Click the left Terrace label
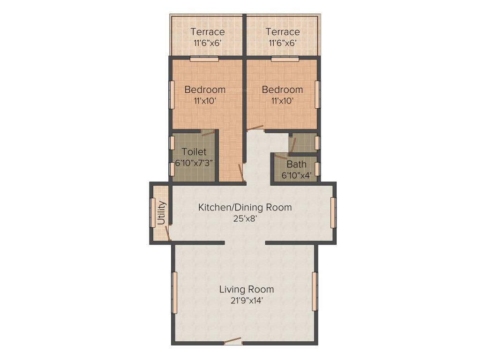[x=207, y=32]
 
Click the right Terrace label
[x=282, y=32]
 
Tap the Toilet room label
[x=194, y=152]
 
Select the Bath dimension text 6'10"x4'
[x=297, y=175]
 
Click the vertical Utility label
[x=161, y=213]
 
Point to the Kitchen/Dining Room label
[x=245, y=207]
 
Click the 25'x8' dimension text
[x=245, y=218]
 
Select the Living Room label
[x=247, y=289]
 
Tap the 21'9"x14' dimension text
[x=247, y=301]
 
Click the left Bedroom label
[x=205, y=90]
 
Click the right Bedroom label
[x=282, y=90]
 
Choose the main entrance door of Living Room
[x=233, y=342]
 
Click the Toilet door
[x=208, y=133]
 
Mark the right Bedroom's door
[x=255, y=127]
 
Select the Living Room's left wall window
[x=174, y=292]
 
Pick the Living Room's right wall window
[x=315, y=291]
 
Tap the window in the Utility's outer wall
[x=152, y=213]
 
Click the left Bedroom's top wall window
[x=204, y=59]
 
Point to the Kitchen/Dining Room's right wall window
[x=333, y=213]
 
